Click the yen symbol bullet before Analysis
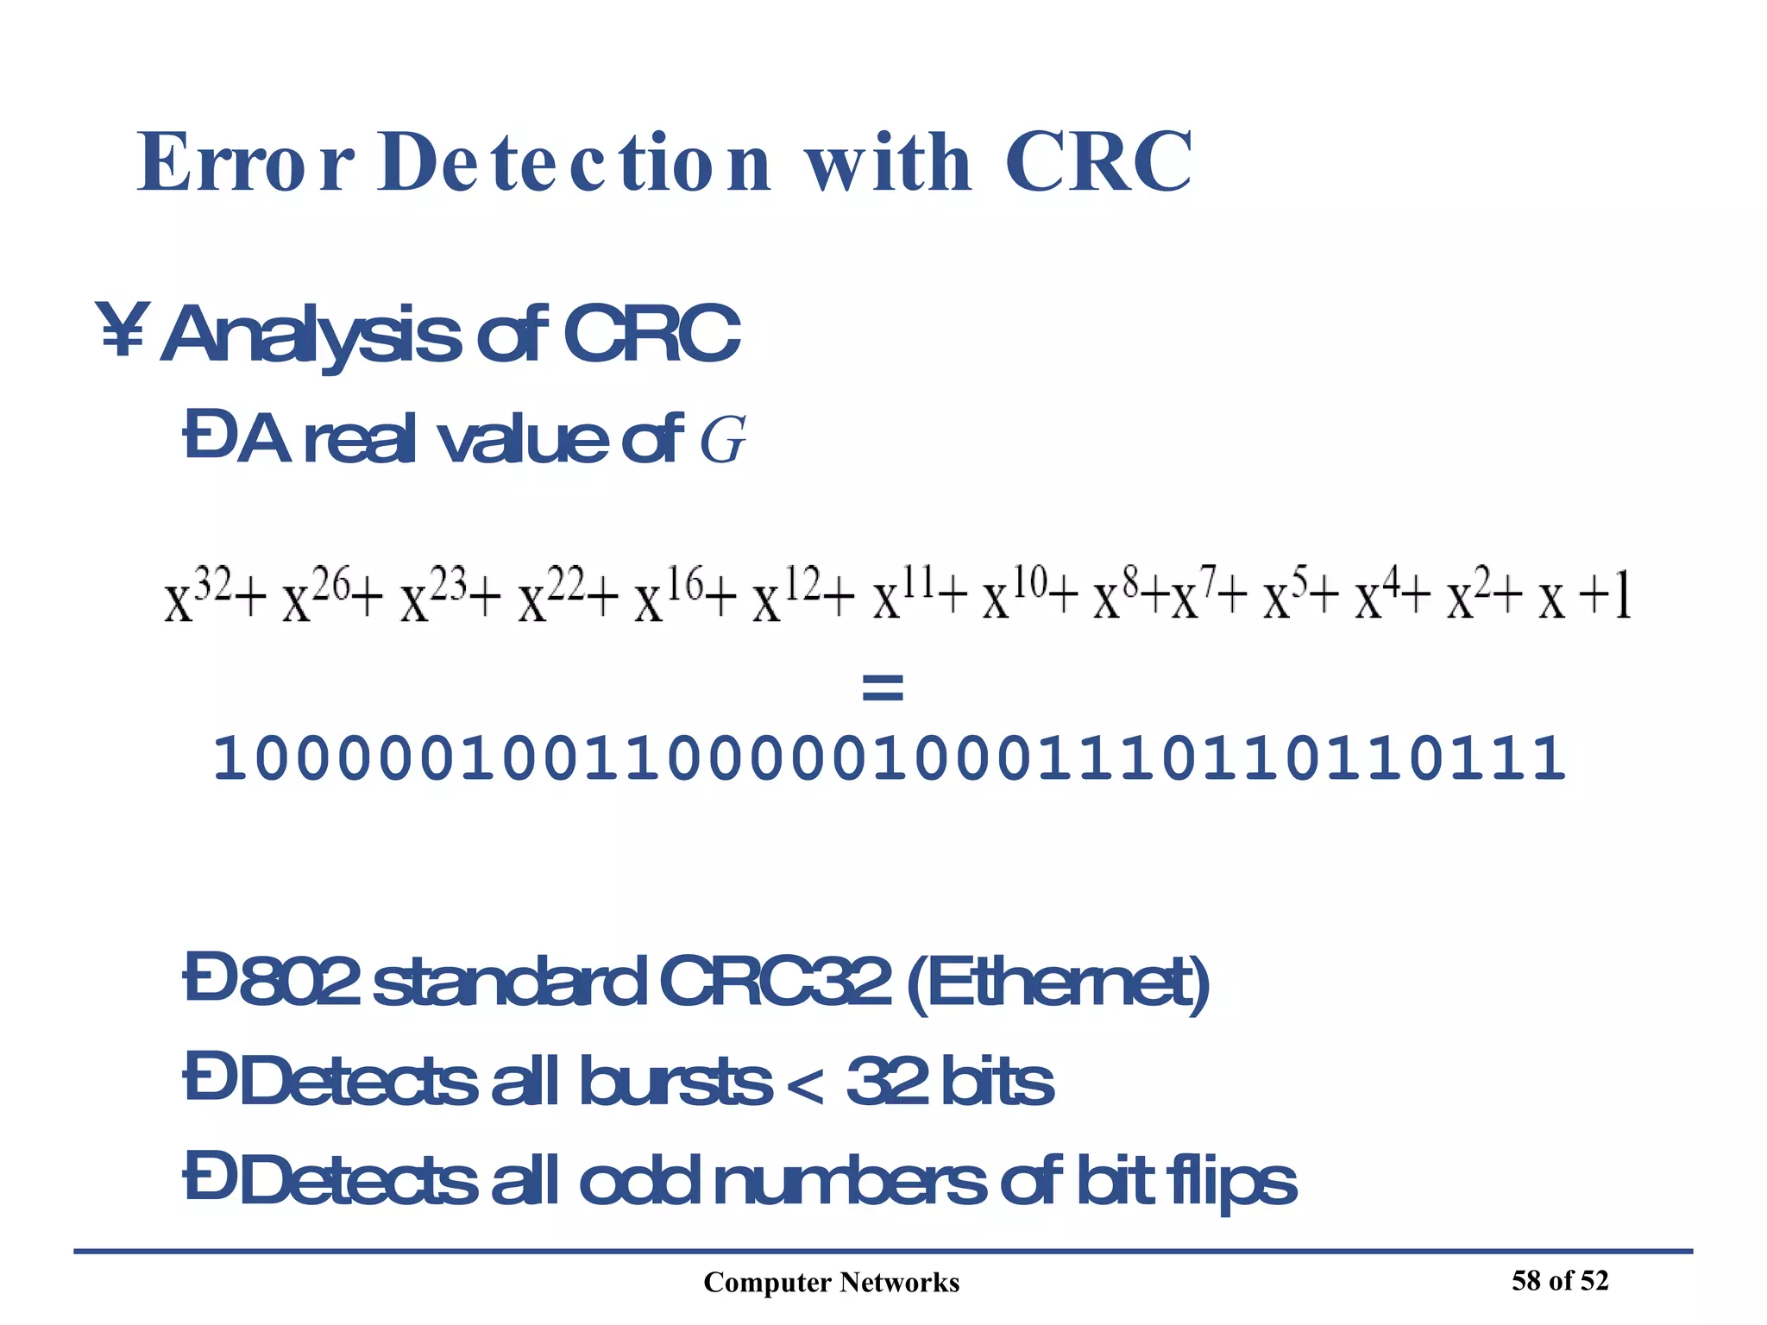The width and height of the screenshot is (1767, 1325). point(123,330)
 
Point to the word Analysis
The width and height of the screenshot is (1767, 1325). point(311,335)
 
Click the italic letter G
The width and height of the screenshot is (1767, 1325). point(721,440)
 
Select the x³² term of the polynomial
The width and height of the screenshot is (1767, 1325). point(198,594)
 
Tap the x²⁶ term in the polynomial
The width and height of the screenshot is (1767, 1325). point(316,594)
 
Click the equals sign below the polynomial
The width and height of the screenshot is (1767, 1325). point(882,688)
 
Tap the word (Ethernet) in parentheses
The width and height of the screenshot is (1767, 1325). point(1058,983)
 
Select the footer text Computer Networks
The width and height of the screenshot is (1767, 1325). point(831,1283)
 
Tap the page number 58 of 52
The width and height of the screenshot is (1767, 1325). point(1560,1281)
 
